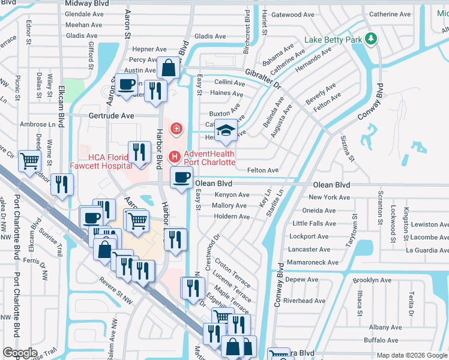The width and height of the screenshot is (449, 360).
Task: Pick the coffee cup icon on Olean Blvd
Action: [x=181, y=178]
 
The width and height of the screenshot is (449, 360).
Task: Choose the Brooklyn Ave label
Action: [x=372, y=280]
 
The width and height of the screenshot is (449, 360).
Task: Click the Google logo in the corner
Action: [x=20, y=353]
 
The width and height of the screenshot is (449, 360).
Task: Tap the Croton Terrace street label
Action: [x=233, y=271]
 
